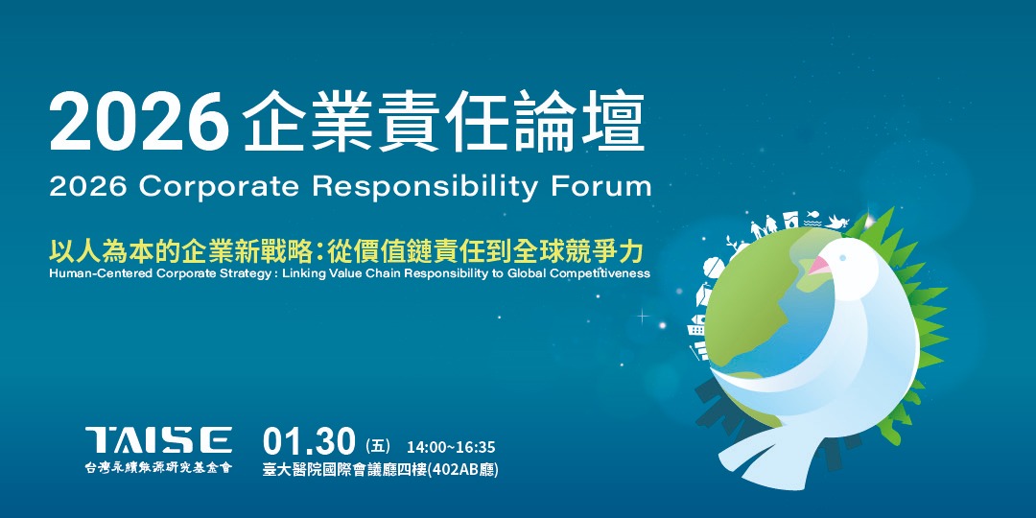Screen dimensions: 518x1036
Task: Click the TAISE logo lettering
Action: tap(158, 440)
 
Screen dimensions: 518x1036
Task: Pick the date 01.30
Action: tap(309, 443)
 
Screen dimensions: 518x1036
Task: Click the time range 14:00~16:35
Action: tap(451, 448)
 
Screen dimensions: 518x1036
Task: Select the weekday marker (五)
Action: tap(379, 446)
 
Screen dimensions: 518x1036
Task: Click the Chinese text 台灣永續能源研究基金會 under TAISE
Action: tap(158, 467)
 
